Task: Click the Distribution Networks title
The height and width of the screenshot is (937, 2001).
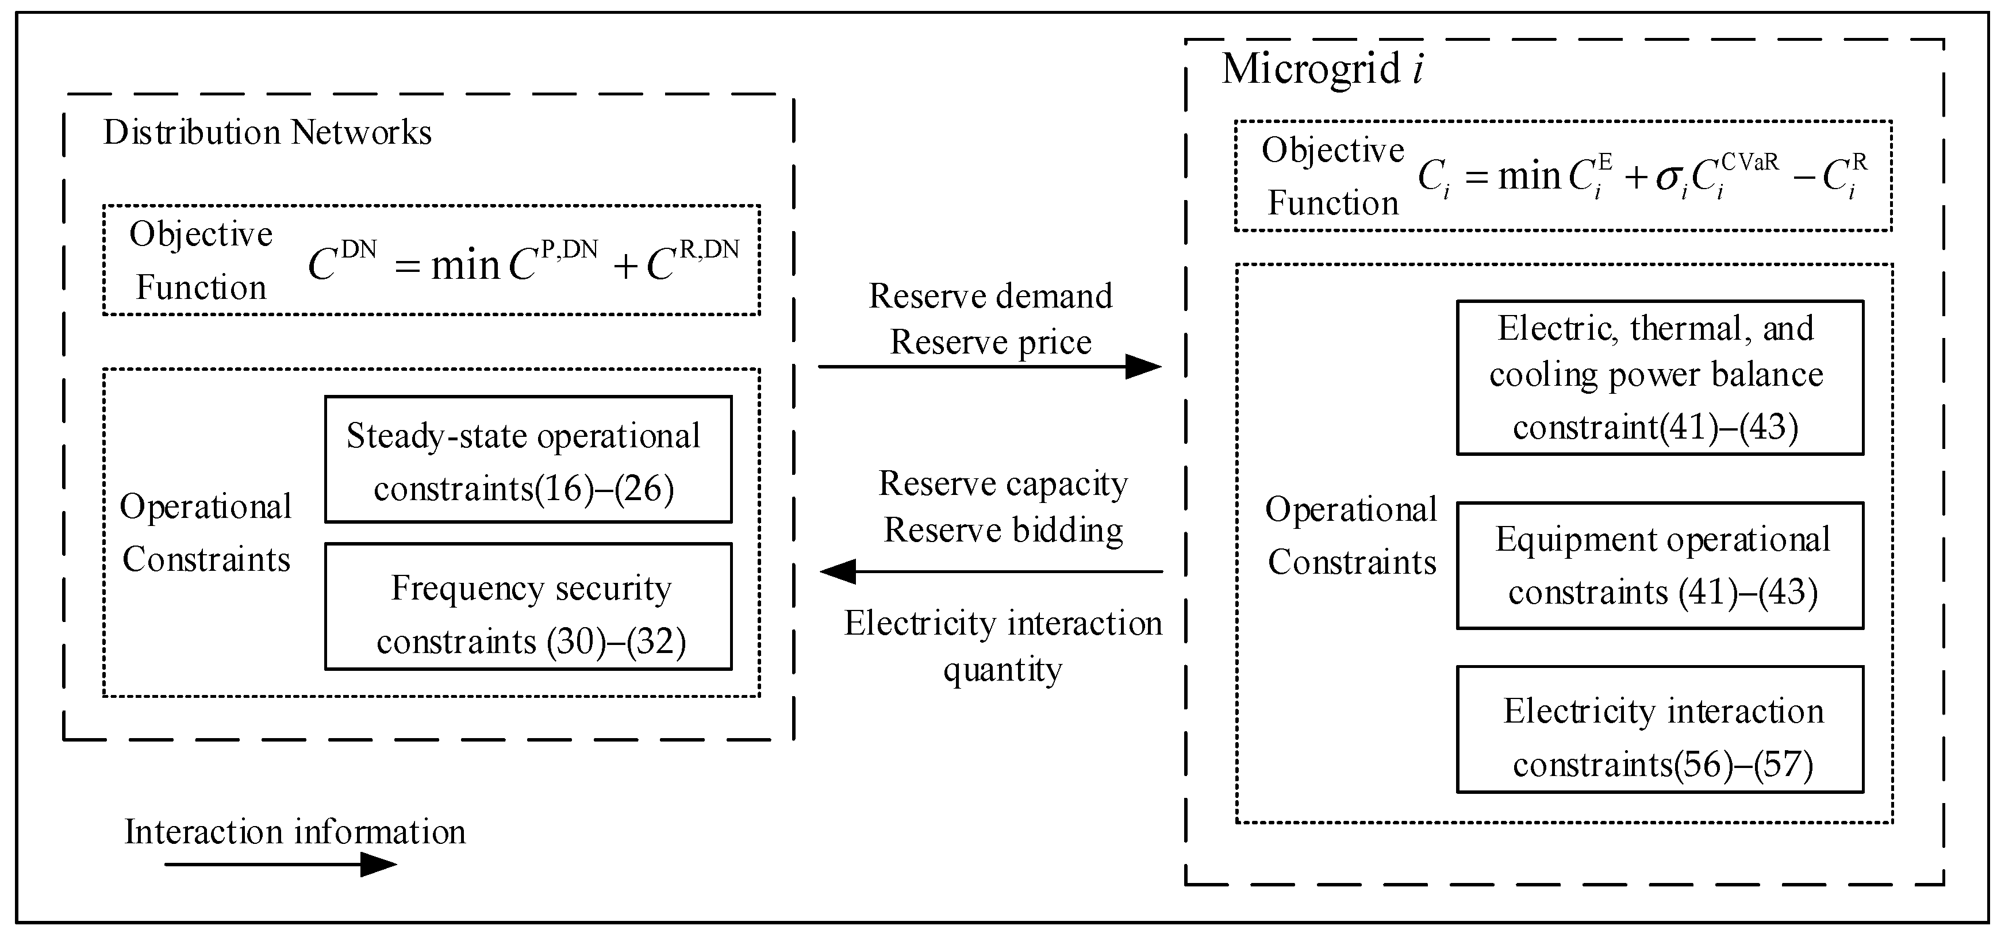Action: (x=267, y=132)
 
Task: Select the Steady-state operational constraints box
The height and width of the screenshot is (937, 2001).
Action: (x=528, y=459)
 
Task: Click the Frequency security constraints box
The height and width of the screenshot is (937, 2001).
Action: (x=528, y=606)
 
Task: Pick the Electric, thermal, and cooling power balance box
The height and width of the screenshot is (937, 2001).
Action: (x=1659, y=378)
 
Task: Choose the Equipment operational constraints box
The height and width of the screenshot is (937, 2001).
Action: (x=1659, y=566)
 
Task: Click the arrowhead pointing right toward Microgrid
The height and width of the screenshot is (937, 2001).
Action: (x=1143, y=367)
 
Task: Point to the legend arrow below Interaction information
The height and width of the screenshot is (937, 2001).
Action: (x=279, y=864)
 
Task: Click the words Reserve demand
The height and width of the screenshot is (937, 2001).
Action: (x=990, y=296)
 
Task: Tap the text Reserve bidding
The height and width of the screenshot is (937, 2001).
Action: (x=1003, y=530)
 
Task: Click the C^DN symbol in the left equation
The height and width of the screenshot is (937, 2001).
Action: (x=340, y=263)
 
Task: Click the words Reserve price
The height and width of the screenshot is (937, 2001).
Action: (x=990, y=342)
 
